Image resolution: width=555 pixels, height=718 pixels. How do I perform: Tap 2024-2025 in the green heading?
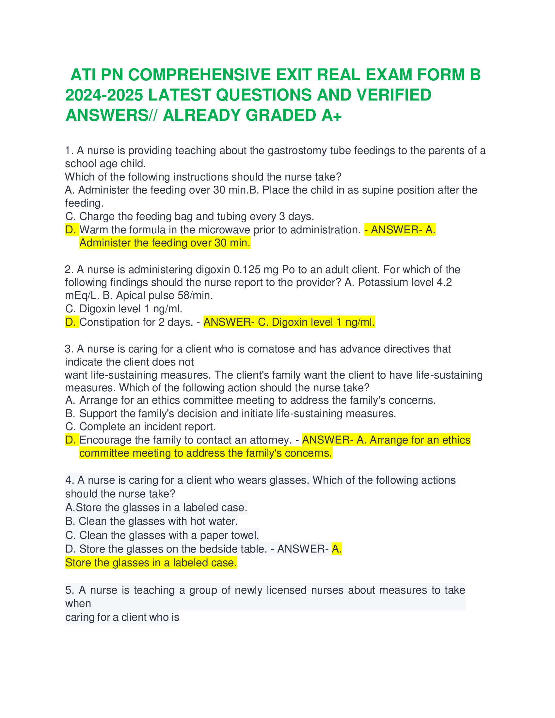point(104,95)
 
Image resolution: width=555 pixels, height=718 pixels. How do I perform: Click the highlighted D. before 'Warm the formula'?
point(71,230)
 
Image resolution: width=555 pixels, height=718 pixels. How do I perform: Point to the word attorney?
point(271,440)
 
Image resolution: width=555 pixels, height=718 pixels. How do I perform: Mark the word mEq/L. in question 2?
point(82,296)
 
